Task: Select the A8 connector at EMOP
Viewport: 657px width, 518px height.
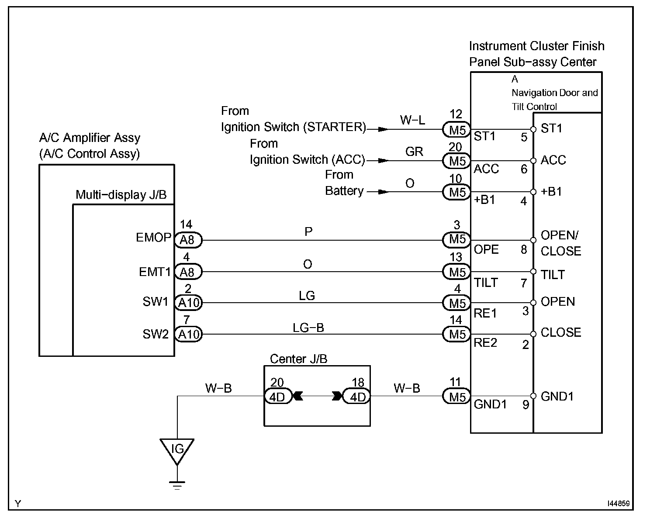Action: (x=188, y=240)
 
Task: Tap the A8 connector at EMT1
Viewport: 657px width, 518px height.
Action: (x=188, y=272)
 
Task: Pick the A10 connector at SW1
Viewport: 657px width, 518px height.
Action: (x=188, y=303)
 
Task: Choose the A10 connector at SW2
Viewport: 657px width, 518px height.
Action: (x=188, y=334)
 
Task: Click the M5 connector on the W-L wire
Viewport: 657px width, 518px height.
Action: (x=456, y=130)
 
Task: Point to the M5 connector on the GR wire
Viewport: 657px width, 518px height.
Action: (x=456, y=161)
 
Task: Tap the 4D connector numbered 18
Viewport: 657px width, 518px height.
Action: (x=356, y=397)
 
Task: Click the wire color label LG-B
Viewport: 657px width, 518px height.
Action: (x=308, y=328)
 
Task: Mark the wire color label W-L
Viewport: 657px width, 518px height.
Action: (x=412, y=120)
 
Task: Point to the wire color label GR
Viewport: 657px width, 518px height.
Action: (x=414, y=152)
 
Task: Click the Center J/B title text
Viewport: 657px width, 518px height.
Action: (x=299, y=359)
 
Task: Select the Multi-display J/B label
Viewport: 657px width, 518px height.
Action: (x=121, y=195)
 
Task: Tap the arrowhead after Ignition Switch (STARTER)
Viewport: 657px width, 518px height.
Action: (x=383, y=129)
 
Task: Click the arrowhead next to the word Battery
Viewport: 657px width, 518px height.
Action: (x=383, y=192)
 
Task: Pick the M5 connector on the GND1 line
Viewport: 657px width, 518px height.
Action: (x=456, y=397)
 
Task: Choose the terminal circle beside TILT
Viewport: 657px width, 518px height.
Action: (x=533, y=272)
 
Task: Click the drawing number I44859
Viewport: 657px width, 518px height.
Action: (x=619, y=503)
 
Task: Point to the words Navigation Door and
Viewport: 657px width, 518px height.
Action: (x=555, y=93)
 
